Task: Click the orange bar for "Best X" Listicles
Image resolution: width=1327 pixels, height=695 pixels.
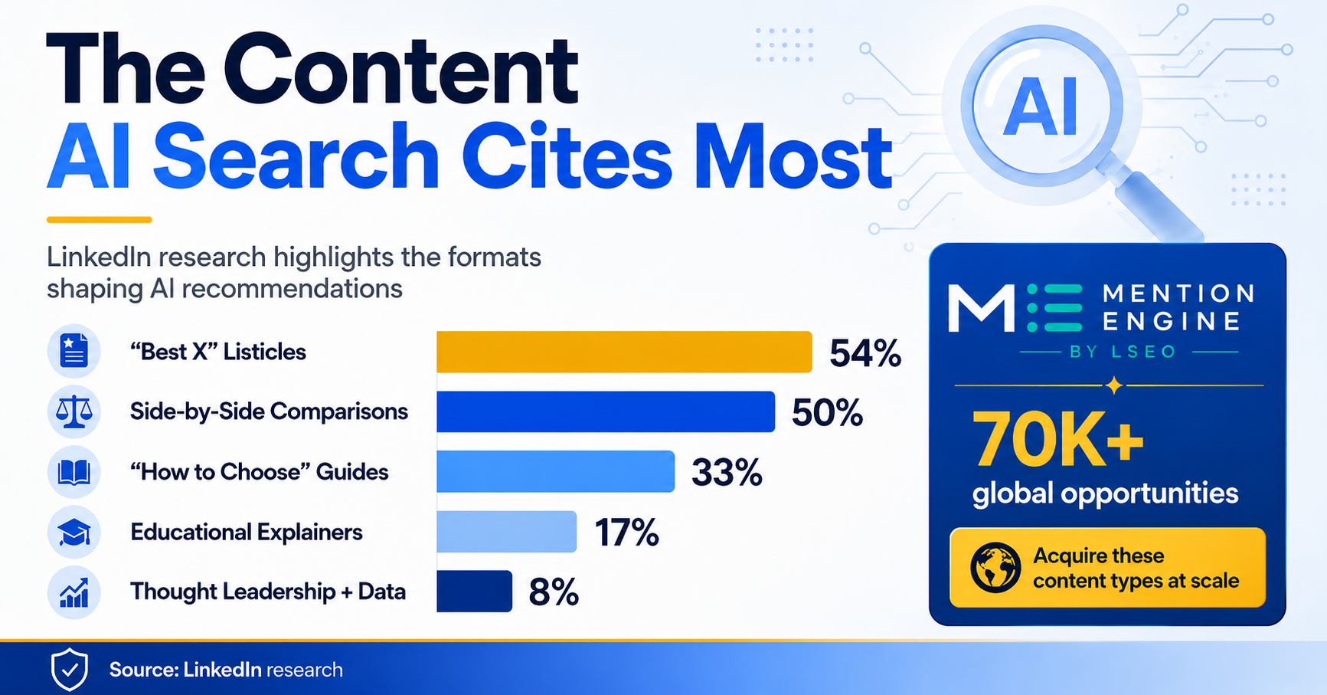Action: pyautogui.click(x=624, y=352)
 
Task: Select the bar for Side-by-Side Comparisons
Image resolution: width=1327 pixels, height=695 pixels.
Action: pyautogui.click(x=606, y=411)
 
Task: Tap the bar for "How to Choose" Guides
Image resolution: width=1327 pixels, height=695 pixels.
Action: pyautogui.click(x=556, y=471)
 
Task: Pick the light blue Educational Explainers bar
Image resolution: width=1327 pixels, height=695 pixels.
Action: pyautogui.click(x=506, y=532)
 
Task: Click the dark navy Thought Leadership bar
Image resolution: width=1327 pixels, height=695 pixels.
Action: pyautogui.click(x=474, y=592)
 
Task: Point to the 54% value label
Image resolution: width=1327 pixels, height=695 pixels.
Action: pyautogui.click(x=865, y=353)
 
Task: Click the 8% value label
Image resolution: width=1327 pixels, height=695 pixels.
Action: pyautogui.click(x=554, y=592)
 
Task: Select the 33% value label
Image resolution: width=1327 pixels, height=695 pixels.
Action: pyautogui.click(x=727, y=473)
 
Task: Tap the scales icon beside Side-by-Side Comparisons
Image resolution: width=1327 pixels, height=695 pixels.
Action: pyautogui.click(x=74, y=411)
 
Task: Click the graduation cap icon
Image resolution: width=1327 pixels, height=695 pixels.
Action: pyautogui.click(x=74, y=532)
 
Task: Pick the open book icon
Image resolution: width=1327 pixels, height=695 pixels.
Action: pyautogui.click(x=74, y=472)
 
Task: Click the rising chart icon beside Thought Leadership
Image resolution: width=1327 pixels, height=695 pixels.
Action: pyautogui.click(x=74, y=592)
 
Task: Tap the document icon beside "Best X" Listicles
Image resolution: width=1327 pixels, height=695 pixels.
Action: pyautogui.click(x=74, y=352)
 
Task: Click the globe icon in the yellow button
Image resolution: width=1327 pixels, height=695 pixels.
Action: pyautogui.click(x=995, y=568)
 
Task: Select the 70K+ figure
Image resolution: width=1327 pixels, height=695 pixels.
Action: pyautogui.click(x=1057, y=439)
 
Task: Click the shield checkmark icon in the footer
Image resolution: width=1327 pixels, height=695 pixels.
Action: pyautogui.click(x=70, y=669)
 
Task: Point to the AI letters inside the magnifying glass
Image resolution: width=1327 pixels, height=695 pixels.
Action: pyautogui.click(x=1041, y=108)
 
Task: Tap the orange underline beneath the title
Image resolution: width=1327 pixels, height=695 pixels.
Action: pyautogui.click(x=100, y=220)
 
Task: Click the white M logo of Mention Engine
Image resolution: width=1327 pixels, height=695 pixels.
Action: pyautogui.click(x=982, y=308)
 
